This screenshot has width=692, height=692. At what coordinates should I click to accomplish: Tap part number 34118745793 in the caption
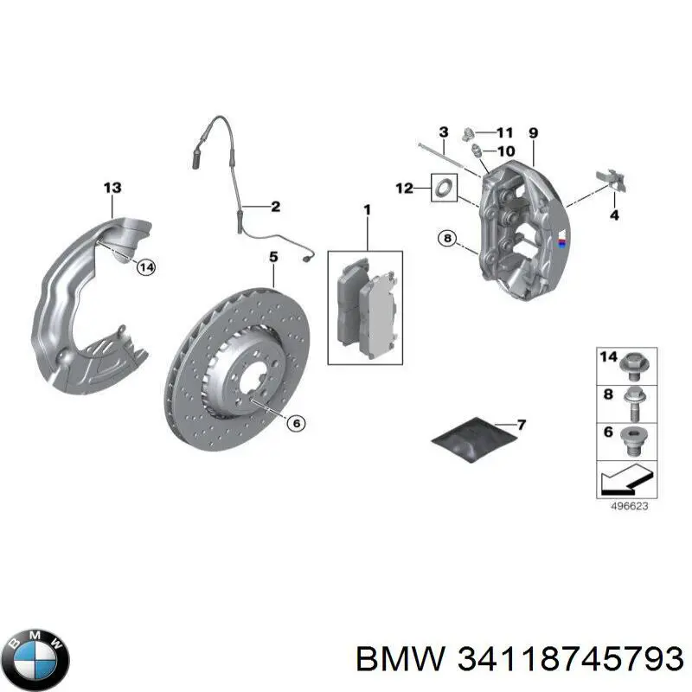570,659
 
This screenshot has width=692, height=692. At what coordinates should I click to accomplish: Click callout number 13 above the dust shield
112,188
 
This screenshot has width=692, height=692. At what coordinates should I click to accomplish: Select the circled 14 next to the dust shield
146,267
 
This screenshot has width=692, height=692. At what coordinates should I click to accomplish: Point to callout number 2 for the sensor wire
275,207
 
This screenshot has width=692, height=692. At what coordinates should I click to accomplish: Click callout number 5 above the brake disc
273,257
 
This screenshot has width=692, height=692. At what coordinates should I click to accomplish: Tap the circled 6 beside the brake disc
296,424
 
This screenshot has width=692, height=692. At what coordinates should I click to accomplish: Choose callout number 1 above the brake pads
367,209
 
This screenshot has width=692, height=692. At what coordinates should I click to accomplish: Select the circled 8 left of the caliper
447,239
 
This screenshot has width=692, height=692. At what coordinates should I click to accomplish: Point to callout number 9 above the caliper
533,133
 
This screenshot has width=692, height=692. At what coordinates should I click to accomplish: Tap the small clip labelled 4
612,180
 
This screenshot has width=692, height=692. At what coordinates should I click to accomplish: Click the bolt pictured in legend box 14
634,367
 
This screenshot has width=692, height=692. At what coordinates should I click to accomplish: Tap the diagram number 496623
630,506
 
